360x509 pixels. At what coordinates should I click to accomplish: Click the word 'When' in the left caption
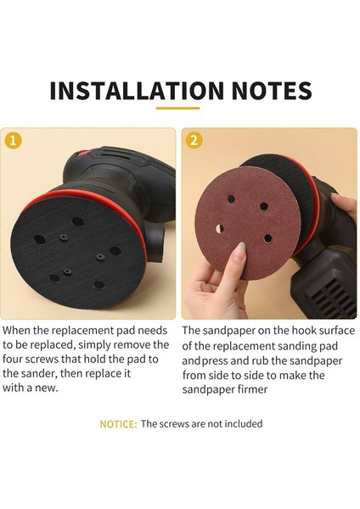(19, 328)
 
